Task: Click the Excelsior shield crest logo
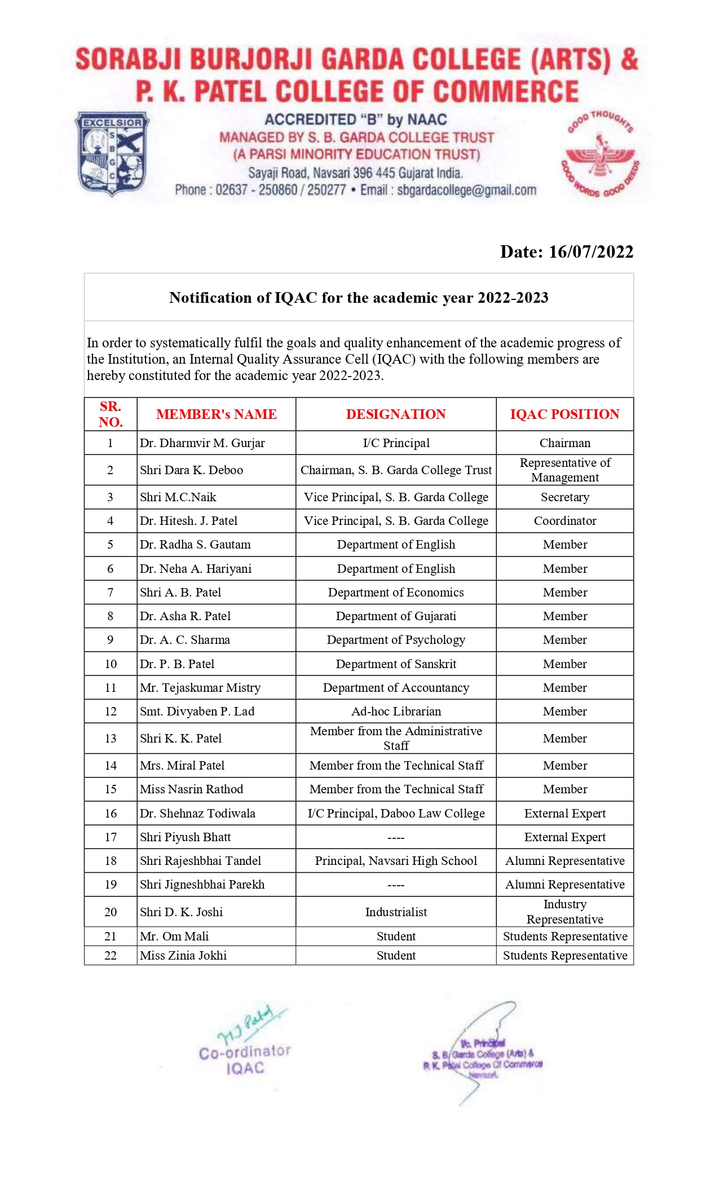click(x=113, y=153)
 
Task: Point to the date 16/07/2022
click(x=590, y=251)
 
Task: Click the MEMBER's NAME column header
click(x=216, y=414)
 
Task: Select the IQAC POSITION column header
click(x=564, y=414)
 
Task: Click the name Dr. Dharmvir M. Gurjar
click(x=202, y=443)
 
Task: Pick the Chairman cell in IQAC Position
click(x=564, y=443)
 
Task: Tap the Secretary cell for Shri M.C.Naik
click(x=564, y=497)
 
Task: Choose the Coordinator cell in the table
click(x=564, y=521)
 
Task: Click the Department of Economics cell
click(x=396, y=593)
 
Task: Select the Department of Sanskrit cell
click(x=396, y=664)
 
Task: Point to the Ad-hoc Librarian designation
click(x=396, y=712)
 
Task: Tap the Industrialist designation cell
click(x=396, y=912)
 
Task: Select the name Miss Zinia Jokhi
click(x=183, y=956)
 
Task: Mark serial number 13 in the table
click(x=111, y=739)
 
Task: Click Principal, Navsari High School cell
click(x=396, y=861)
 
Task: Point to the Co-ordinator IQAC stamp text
click(x=245, y=1060)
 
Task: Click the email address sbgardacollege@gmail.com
click(x=466, y=190)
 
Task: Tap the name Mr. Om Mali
click(x=174, y=936)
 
